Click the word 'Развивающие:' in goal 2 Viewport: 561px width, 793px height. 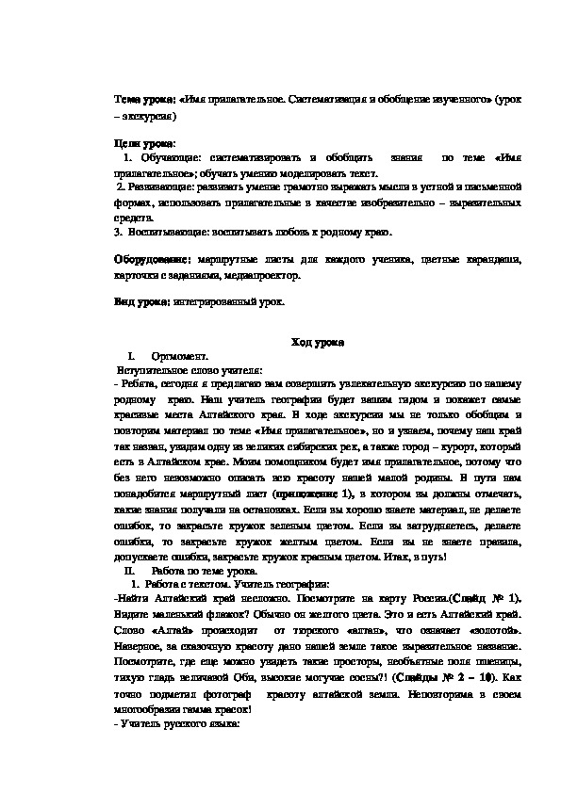(x=158, y=187)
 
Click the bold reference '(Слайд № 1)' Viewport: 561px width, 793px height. (x=488, y=600)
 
